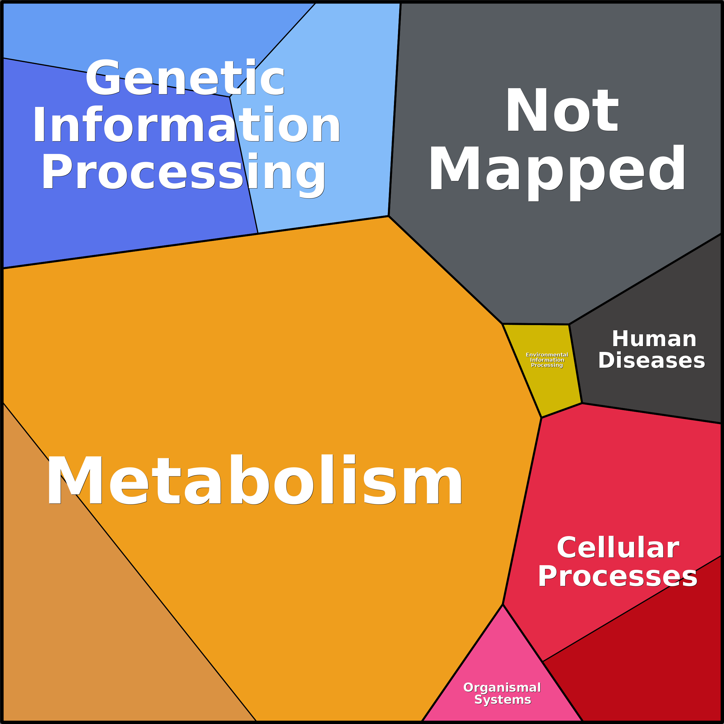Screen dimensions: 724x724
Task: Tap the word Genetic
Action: pyautogui.click(x=185, y=78)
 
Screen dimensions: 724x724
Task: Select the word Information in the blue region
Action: pyautogui.click(x=186, y=125)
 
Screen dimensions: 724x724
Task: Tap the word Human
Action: pyautogui.click(x=654, y=339)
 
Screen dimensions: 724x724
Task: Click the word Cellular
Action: pyautogui.click(x=618, y=548)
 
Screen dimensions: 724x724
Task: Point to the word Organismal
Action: pyautogui.click(x=502, y=688)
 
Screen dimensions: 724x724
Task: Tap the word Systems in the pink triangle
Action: pyautogui.click(x=503, y=700)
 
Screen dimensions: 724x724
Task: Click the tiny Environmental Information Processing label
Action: pyautogui.click(x=547, y=360)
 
